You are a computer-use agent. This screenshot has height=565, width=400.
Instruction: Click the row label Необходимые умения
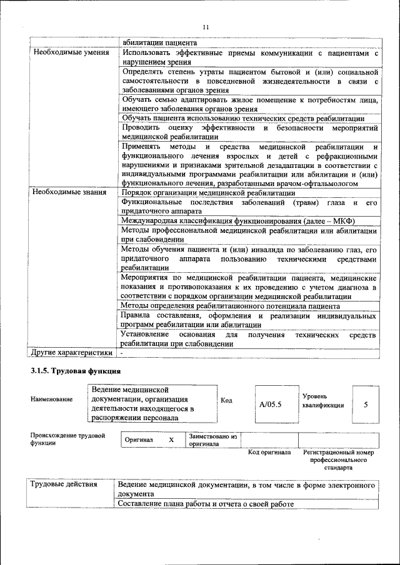click(67, 52)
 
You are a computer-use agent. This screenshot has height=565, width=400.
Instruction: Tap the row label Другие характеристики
click(72, 353)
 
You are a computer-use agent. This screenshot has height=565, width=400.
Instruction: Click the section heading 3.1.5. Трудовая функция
click(75, 371)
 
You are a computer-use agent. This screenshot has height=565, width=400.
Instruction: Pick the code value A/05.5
click(271, 404)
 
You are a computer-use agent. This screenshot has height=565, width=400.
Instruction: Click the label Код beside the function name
click(227, 400)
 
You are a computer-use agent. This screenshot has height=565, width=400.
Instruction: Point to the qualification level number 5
click(366, 404)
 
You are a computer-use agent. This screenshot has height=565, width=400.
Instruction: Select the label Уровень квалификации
click(322, 400)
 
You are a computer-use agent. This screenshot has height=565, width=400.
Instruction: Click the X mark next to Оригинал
click(171, 440)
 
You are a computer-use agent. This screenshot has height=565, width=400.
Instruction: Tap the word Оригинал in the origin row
click(139, 440)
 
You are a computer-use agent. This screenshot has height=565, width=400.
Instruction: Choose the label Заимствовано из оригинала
click(212, 440)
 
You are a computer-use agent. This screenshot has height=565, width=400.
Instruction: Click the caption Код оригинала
click(269, 452)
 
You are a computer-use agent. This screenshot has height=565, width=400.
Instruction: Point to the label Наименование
click(51, 398)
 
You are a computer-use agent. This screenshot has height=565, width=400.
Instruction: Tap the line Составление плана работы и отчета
click(206, 504)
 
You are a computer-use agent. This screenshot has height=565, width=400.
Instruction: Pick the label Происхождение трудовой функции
click(67, 439)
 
